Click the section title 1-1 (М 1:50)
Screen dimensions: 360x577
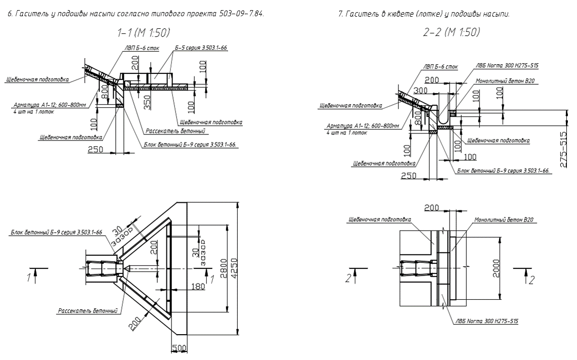pyautogui.click(x=144, y=33)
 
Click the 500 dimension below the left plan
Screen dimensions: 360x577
pyautogui.click(x=181, y=348)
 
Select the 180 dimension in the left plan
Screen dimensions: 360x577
pyautogui.click(x=198, y=287)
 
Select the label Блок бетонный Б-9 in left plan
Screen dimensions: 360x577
pyautogui.click(x=56, y=233)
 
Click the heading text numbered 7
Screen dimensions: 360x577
pyautogui.click(x=424, y=13)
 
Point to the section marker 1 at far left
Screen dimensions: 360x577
pyautogui.click(x=30, y=276)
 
